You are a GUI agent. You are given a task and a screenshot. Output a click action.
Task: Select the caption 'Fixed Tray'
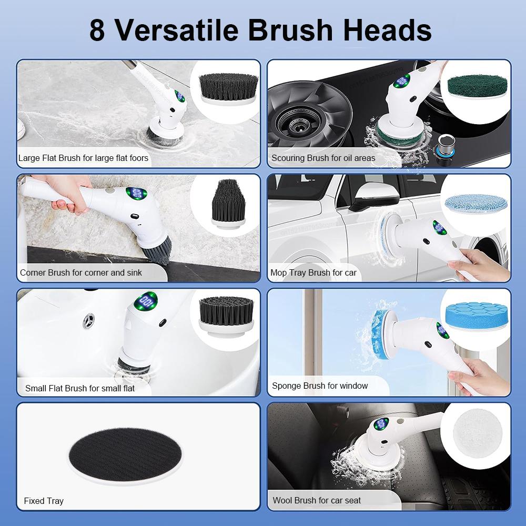[x=44, y=501]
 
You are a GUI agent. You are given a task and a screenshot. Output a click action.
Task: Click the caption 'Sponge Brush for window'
[x=320, y=386]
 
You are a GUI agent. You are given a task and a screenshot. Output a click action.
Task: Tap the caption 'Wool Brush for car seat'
[x=317, y=500]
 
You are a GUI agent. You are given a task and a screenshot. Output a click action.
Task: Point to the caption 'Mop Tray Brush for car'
[x=313, y=272]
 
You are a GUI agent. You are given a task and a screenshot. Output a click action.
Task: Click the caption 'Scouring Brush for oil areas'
[x=323, y=158]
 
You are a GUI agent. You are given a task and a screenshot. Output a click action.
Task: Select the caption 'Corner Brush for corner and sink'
[x=81, y=272]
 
